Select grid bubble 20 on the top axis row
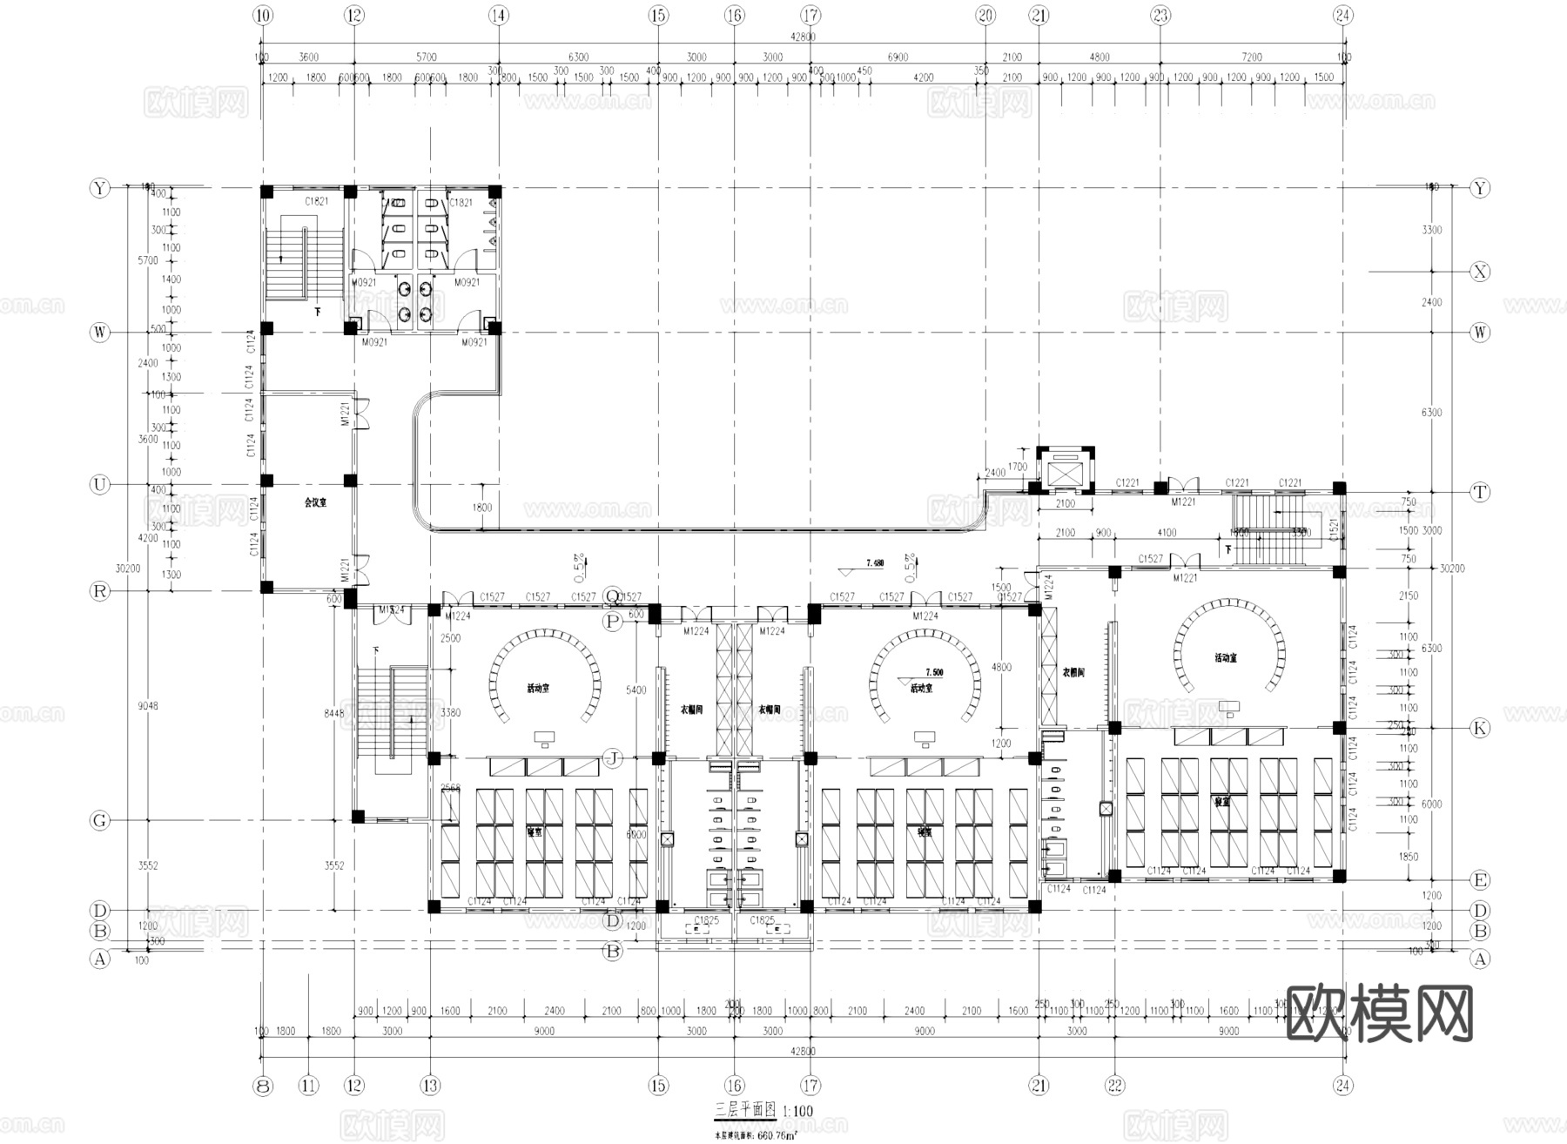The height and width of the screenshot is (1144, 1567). [x=985, y=15]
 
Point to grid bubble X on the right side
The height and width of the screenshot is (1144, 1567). [x=1480, y=272]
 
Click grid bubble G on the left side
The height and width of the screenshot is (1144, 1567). [x=100, y=820]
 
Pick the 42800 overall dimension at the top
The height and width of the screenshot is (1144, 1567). [x=803, y=37]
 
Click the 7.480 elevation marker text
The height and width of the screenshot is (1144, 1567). [x=874, y=563]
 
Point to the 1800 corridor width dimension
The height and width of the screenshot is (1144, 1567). [x=483, y=508]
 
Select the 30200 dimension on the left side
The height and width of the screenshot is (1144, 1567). [x=127, y=568]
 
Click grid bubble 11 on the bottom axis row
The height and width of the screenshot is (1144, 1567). [x=309, y=1086]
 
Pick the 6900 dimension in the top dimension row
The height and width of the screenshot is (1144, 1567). [x=898, y=57]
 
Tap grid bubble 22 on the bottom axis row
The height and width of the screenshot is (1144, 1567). [x=1115, y=1086]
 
